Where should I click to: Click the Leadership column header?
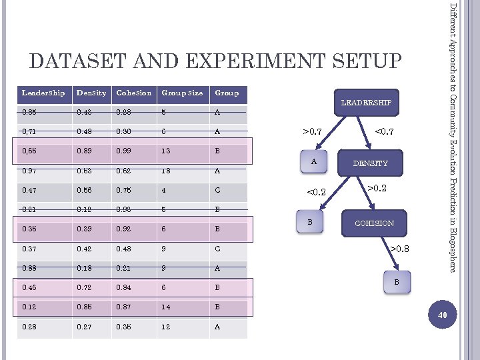pyautogui.click(x=43, y=93)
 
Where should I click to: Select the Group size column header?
pyautogui.click(x=181, y=93)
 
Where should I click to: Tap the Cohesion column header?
pyautogui.click(x=133, y=93)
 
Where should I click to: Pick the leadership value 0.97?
pyautogui.click(x=30, y=171)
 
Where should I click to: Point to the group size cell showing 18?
pyautogui.click(x=166, y=171)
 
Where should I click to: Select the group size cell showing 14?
pyautogui.click(x=166, y=307)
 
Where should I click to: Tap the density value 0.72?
pyautogui.click(x=85, y=288)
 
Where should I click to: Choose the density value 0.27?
pyautogui.click(x=85, y=327)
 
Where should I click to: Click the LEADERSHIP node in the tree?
pyautogui.click(x=367, y=102)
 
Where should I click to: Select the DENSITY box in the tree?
pyautogui.click(x=371, y=163)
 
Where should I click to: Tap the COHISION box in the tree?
pyautogui.click(x=374, y=223)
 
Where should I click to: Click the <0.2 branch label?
pyautogui.click(x=316, y=193)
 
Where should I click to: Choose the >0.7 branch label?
pyautogui.click(x=313, y=133)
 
